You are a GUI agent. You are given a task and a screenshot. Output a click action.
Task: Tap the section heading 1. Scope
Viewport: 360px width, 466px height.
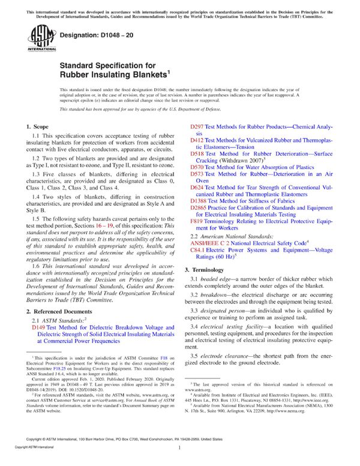click(x=41, y=127)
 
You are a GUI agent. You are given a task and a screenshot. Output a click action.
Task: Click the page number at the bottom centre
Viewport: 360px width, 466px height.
click(x=180, y=456)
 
